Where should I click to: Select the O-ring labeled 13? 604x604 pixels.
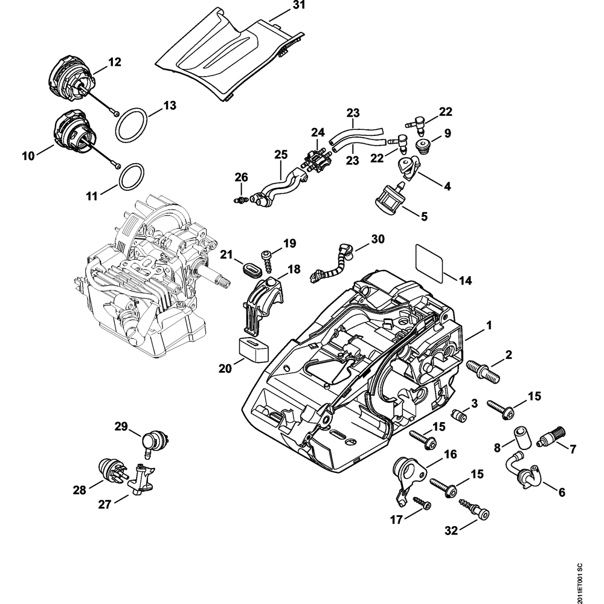[132, 124]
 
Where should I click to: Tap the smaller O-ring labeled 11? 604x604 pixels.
[132, 176]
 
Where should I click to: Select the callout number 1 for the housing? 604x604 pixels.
[489, 326]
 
